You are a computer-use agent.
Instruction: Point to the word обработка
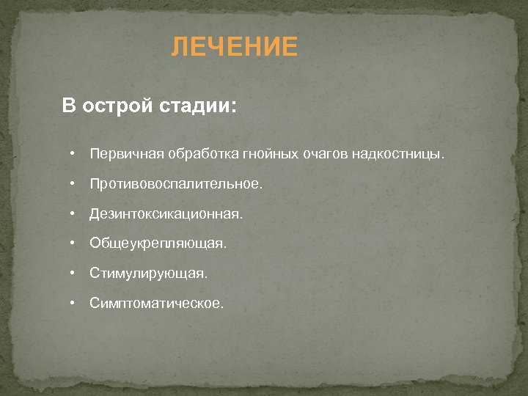point(197,155)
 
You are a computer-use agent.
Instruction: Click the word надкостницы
point(397,155)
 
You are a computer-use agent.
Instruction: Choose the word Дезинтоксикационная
point(165,214)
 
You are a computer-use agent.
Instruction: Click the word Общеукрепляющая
point(158,243)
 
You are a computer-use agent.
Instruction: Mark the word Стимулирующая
point(149,273)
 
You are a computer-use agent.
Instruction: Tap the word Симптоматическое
point(157,302)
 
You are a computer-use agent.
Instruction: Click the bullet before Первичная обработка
point(73,155)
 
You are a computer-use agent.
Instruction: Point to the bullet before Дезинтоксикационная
point(73,214)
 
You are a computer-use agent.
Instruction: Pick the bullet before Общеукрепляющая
point(73,243)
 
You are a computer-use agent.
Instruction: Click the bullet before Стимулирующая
point(73,273)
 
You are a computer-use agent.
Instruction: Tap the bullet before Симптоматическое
point(73,302)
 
